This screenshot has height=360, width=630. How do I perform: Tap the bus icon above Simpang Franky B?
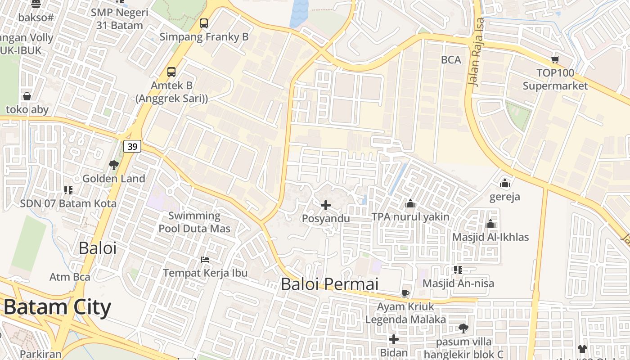click(204, 23)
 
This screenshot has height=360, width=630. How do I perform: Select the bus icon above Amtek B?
click(171, 72)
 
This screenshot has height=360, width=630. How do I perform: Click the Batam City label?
click(57, 308)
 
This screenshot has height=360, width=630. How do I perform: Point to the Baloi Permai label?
click(329, 284)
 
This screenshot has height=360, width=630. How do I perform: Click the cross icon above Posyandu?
click(326, 206)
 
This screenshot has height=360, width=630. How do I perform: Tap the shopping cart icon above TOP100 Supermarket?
click(555, 59)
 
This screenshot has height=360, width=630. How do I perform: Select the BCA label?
click(451, 60)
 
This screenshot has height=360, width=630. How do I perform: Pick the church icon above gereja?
click(505, 184)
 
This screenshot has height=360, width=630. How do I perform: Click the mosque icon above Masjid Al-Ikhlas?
click(490, 224)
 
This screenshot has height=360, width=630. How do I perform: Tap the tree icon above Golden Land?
click(114, 165)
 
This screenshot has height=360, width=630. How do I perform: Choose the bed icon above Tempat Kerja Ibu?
click(205, 260)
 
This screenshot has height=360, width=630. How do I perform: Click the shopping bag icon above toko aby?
click(27, 96)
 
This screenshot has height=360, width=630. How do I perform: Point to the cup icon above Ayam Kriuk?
click(405, 294)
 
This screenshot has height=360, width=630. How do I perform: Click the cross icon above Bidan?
click(394, 339)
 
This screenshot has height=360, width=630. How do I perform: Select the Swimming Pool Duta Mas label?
click(194, 222)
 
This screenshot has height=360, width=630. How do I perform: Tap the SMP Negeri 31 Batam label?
click(119, 19)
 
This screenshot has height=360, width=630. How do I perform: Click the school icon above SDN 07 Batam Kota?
click(68, 190)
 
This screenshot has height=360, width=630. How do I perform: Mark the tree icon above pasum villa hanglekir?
click(463, 328)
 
